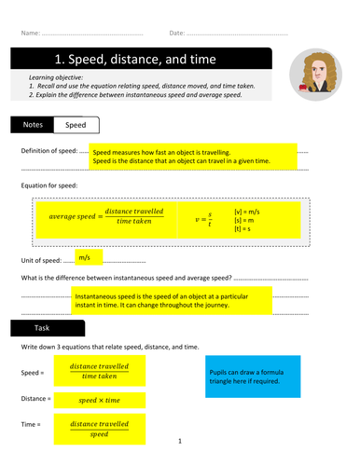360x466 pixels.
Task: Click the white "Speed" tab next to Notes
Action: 76,123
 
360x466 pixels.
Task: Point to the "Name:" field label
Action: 30,34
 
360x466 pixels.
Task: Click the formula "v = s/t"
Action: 208,221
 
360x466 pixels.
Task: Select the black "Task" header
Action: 47,328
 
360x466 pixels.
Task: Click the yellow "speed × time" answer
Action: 100,400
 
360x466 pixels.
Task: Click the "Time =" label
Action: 31,425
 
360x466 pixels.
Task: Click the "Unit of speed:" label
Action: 40,258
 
